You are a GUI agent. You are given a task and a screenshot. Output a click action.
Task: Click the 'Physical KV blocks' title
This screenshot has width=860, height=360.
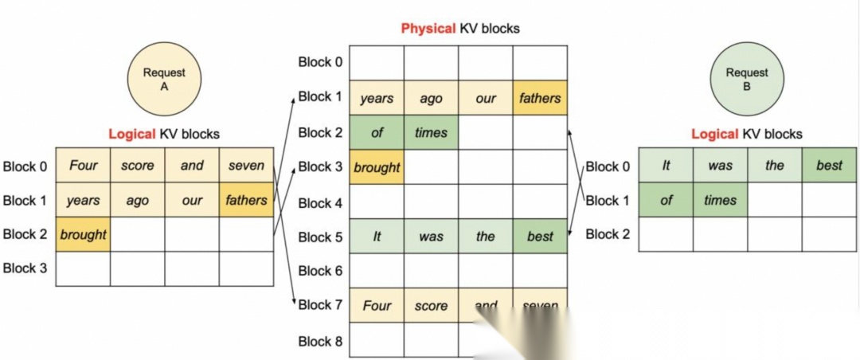pyautogui.click(x=459, y=29)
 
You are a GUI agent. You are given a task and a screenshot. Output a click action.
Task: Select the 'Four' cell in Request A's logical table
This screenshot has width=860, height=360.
pyautogui.click(x=83, y=166)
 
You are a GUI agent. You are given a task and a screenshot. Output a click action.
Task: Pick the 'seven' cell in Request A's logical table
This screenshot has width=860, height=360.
pyautogui.click(x=246, y=166)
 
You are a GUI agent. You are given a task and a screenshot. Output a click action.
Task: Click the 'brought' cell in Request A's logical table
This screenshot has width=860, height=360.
pyautogui.click(x=83, y=234)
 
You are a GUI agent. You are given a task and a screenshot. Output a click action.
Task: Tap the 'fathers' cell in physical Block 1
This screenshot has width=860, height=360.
pyautogui.click(x=540, y=99)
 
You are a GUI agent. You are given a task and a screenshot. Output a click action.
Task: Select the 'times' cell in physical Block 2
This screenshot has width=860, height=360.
pyautogui.click(x=431, y=133)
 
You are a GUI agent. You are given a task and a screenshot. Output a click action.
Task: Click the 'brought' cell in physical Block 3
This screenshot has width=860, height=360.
pyautogui.click(x=377, y=167)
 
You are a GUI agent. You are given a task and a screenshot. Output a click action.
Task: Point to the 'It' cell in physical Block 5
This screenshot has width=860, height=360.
pyautogui.click(x=377, y=237)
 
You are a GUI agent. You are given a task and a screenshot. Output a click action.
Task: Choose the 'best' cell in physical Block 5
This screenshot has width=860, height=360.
pyautogui.click(x=540, y=237)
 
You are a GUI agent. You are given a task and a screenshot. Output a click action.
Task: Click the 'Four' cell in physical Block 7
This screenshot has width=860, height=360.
pyautogui.click(x=377, y=305)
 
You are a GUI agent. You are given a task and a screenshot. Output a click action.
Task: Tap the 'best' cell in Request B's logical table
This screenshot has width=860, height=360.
pyautogui.click(x=829, y=166)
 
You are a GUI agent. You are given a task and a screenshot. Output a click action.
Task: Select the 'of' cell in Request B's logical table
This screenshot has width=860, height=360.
pyautogui.click(x=666, y=200)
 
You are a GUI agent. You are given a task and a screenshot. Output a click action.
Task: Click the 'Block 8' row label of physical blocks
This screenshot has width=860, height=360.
pyautogui.click(x=320, y=341)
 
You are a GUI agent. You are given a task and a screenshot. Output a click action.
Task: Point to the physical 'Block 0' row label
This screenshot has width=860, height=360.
pyautogui.click(x=320, y=62)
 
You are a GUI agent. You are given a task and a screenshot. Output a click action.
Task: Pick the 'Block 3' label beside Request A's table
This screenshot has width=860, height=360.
pyautogui.click(x=25, y=268)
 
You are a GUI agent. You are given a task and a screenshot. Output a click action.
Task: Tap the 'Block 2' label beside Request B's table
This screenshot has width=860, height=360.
pyautogui.click(x=608, y=234)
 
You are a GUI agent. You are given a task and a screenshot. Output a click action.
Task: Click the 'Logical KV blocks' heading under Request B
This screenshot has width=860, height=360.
pyautogui.click(x=746, y=135)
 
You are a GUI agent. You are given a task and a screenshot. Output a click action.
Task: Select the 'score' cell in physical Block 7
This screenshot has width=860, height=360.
pyautogui.click(x=431, y=305)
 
